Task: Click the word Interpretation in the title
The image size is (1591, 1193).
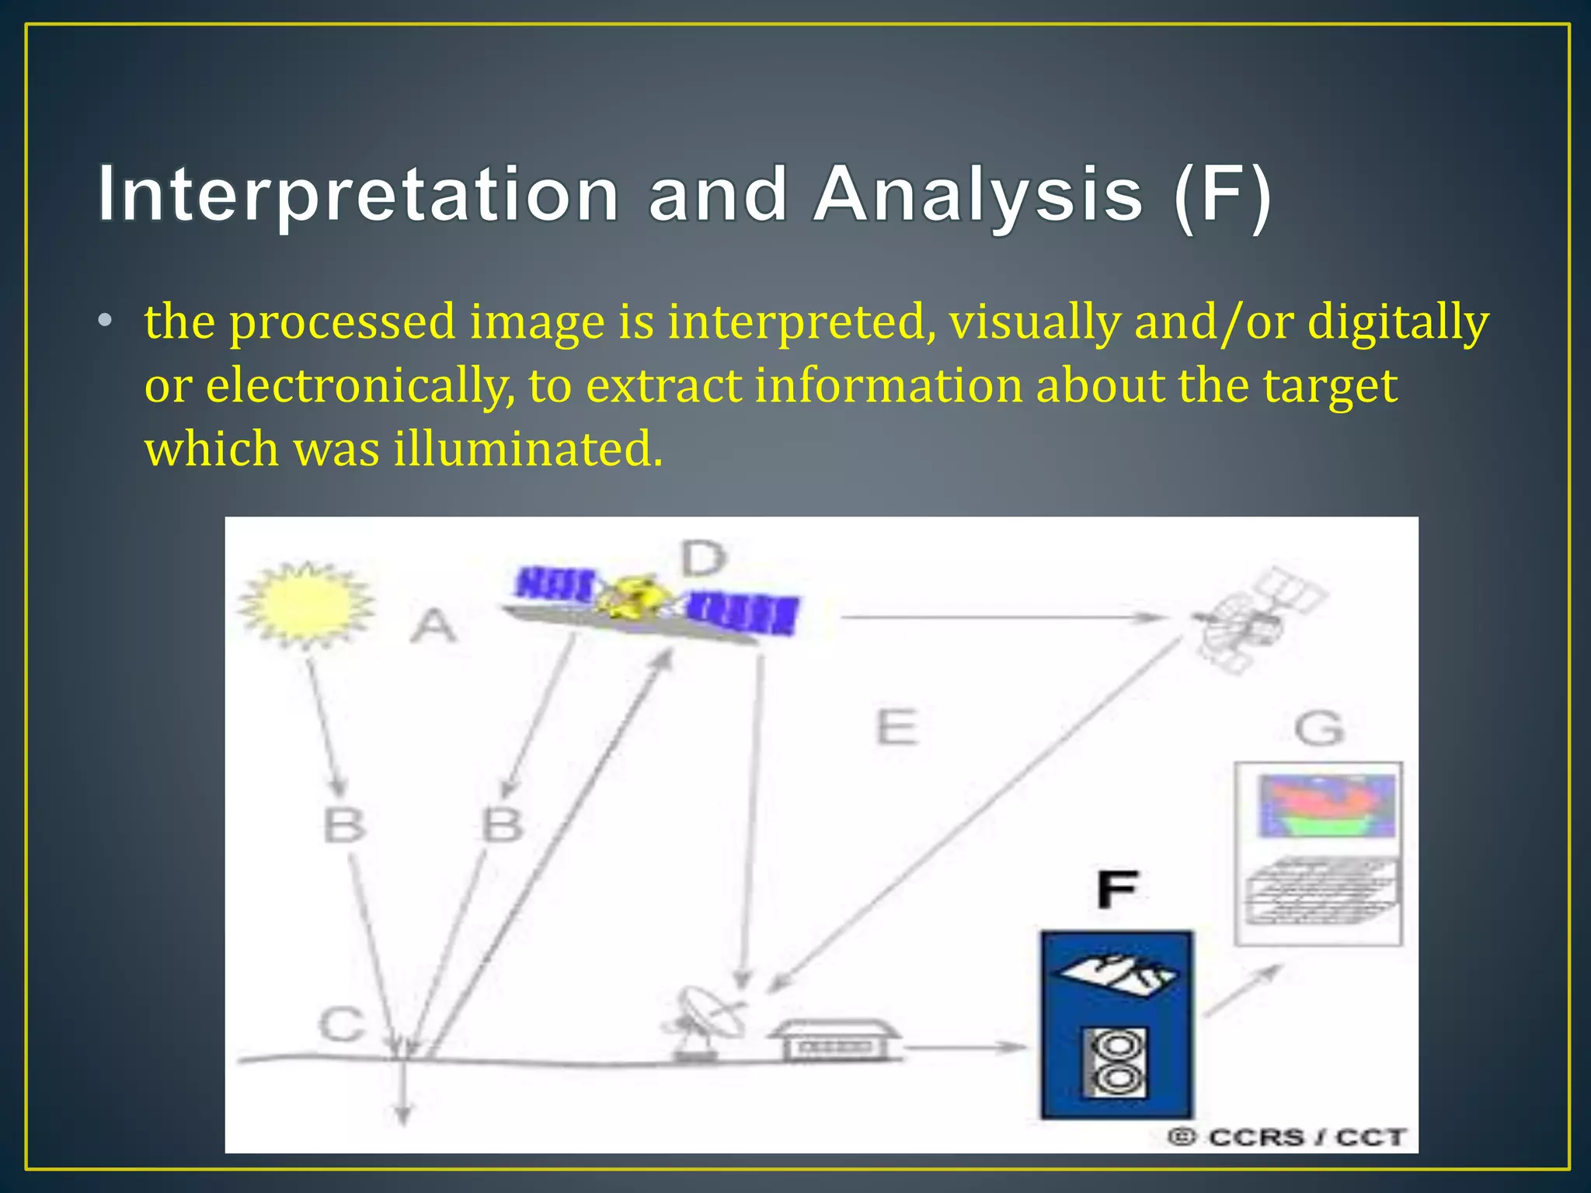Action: pyautogui.click(x=357, y=194)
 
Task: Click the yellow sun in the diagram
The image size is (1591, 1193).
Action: pyautogui.click(x=306, y=605)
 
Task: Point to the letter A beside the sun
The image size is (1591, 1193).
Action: pyautogui.click(x=433, y=626)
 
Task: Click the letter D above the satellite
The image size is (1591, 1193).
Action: pyautogui.click(x=703, y=558)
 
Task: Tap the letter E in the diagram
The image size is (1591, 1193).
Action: pyautogui.click(x=896, y=728)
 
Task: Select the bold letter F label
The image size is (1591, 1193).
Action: pyautogui.click(x=1117, y=889)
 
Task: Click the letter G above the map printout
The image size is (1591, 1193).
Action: pyautogui.click(x=1319, y=729)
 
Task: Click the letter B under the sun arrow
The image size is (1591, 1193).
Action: pyautogui.click(x=344, y=825)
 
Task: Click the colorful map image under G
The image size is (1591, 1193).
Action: pyautogui.click(x=1327, y=805)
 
